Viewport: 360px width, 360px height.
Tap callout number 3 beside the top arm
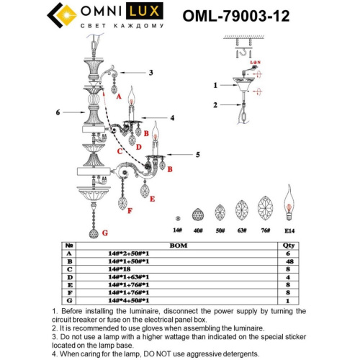(x=151, y=72)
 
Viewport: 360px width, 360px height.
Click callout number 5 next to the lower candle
(x=197, y=155)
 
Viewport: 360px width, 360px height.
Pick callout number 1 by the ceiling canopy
(x=214, y=85)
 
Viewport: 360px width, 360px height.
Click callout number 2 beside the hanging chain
(x=214, y=105)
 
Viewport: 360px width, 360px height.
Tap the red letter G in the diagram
(x=104, y=233)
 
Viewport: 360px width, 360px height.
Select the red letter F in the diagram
(x=130, y=211)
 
